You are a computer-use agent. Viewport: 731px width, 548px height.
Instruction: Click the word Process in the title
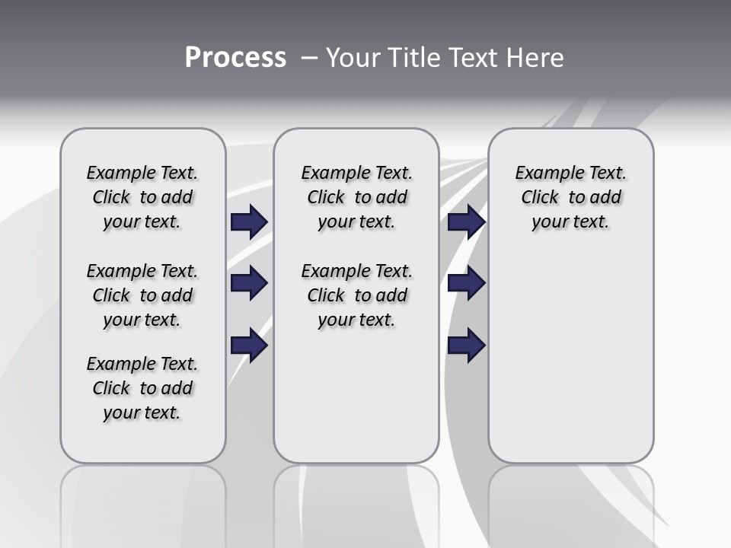coord(235,58)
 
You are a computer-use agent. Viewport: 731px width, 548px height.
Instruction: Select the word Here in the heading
coord(536,58)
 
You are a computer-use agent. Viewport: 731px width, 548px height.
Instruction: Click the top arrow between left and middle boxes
coord(249,221)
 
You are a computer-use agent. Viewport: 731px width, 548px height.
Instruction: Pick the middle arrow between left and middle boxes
coord(249,283)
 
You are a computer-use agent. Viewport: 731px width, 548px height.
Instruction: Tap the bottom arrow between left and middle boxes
coord(249,346)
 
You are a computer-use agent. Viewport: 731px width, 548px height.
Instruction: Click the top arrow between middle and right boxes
coord(466,221)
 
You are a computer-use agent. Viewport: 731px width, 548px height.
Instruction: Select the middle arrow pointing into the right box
coord(466,283)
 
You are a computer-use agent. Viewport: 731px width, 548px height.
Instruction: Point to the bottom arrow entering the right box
coord(466,346)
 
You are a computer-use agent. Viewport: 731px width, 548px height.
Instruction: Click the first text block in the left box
coord(142,197)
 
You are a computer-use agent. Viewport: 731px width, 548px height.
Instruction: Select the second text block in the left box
coord(142,295)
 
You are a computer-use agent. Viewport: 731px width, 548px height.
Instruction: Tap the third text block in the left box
coord(142,388)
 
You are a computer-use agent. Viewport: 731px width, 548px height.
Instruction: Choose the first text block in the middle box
coord(356,197)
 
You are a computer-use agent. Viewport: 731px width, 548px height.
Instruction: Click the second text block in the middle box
coord(356,295)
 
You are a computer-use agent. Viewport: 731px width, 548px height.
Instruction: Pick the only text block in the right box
coord(571,197)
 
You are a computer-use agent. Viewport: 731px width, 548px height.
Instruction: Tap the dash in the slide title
coord(308,58)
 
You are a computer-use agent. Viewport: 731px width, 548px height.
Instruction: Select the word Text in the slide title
coord(474,58)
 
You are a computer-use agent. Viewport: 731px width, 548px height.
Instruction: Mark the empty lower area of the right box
coord(571,365)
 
